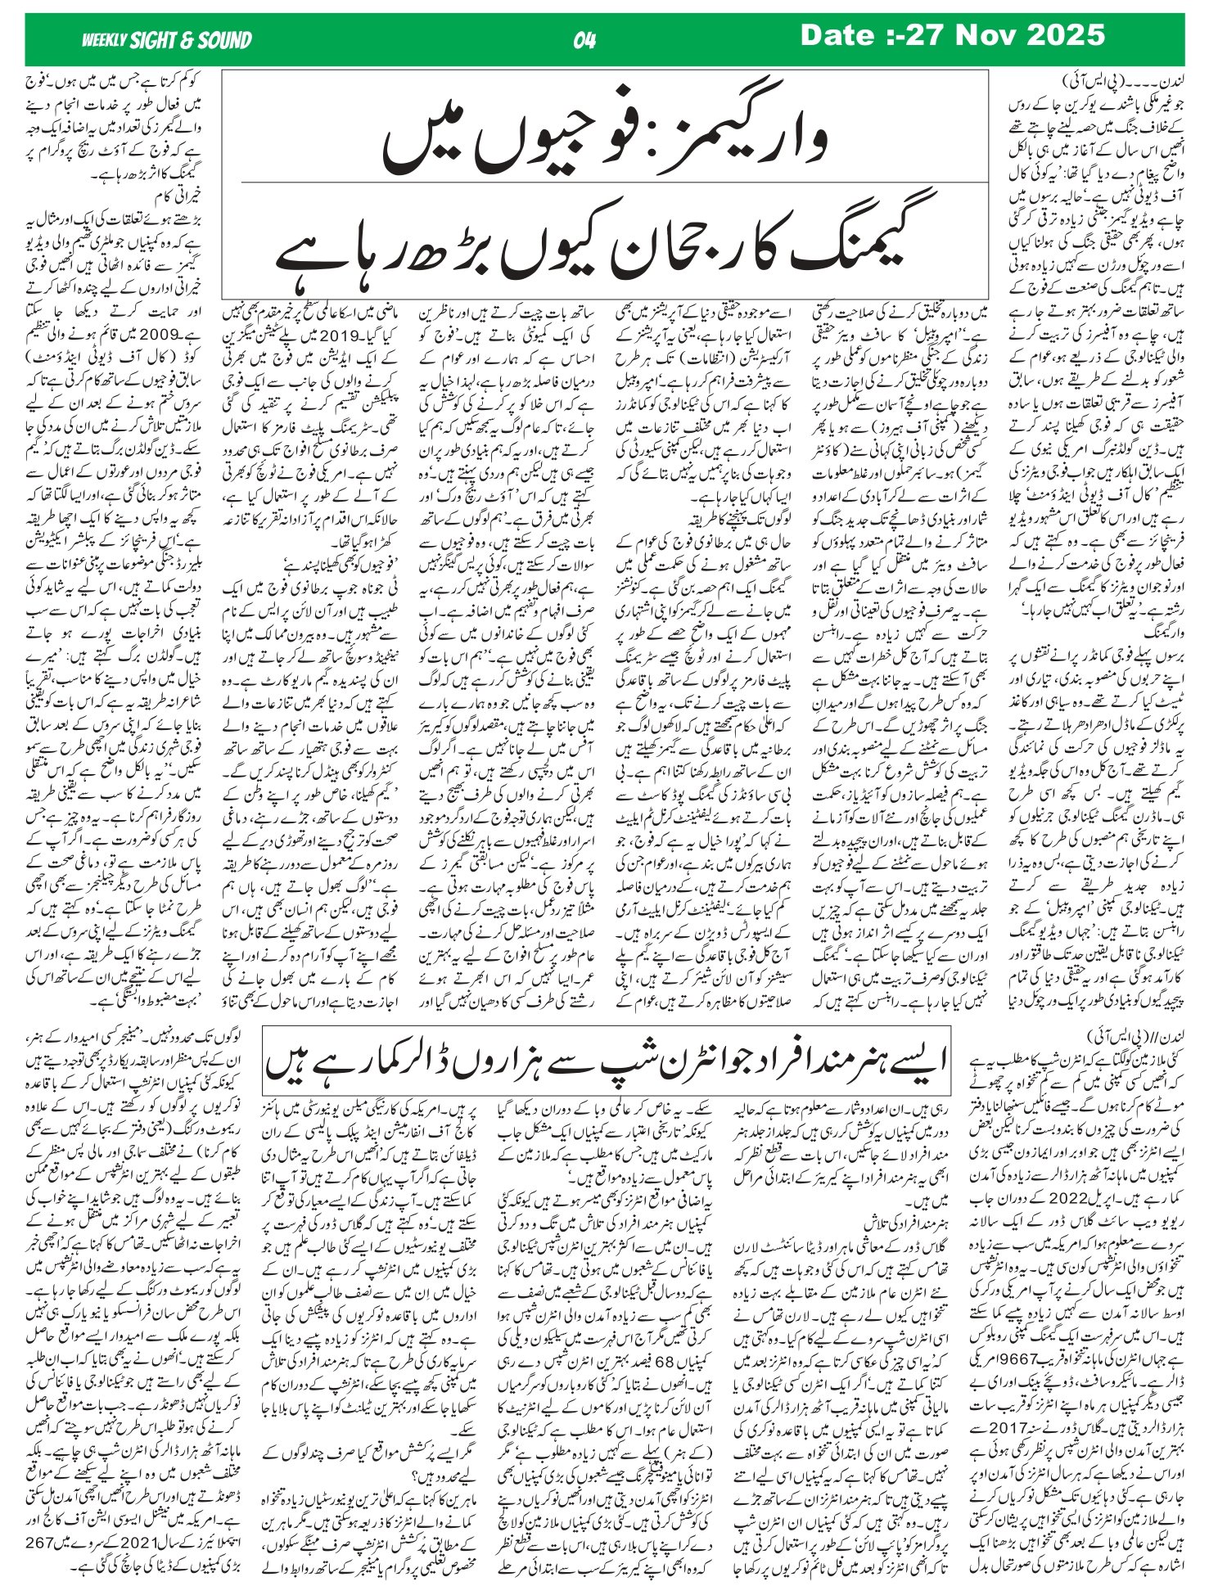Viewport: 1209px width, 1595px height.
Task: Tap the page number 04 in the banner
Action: [x=586, y=39]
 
